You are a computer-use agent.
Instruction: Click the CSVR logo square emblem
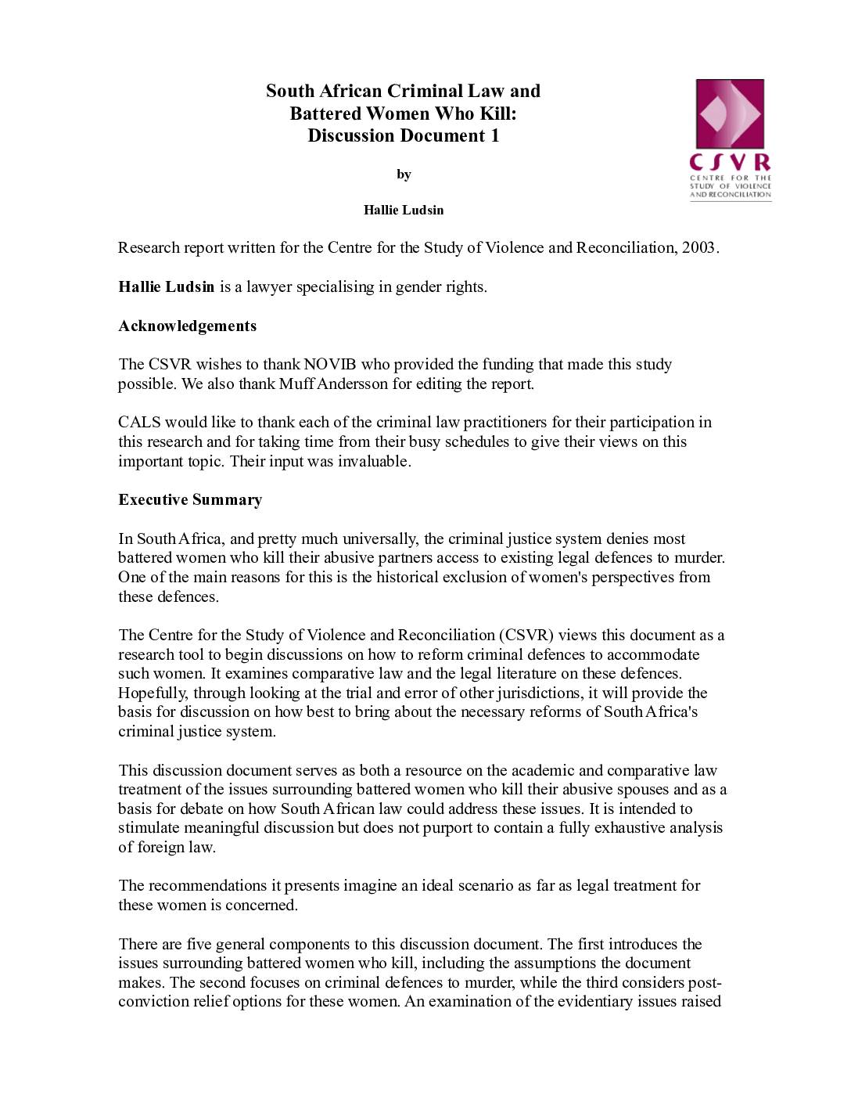(729, 114)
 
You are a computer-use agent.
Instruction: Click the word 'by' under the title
(404, 175)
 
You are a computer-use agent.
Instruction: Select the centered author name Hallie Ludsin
(404, 210)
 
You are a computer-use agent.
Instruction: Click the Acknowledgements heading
(187, 326)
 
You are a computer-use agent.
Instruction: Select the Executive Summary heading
(190, 499)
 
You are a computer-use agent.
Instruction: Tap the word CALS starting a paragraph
(139, 423)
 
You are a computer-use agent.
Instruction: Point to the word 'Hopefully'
(153, 693)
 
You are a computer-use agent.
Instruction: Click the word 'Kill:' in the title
(497, 113)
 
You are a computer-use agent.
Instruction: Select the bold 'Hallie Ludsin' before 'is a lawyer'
(166, 286)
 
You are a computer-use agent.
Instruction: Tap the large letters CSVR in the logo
(730, 163)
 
